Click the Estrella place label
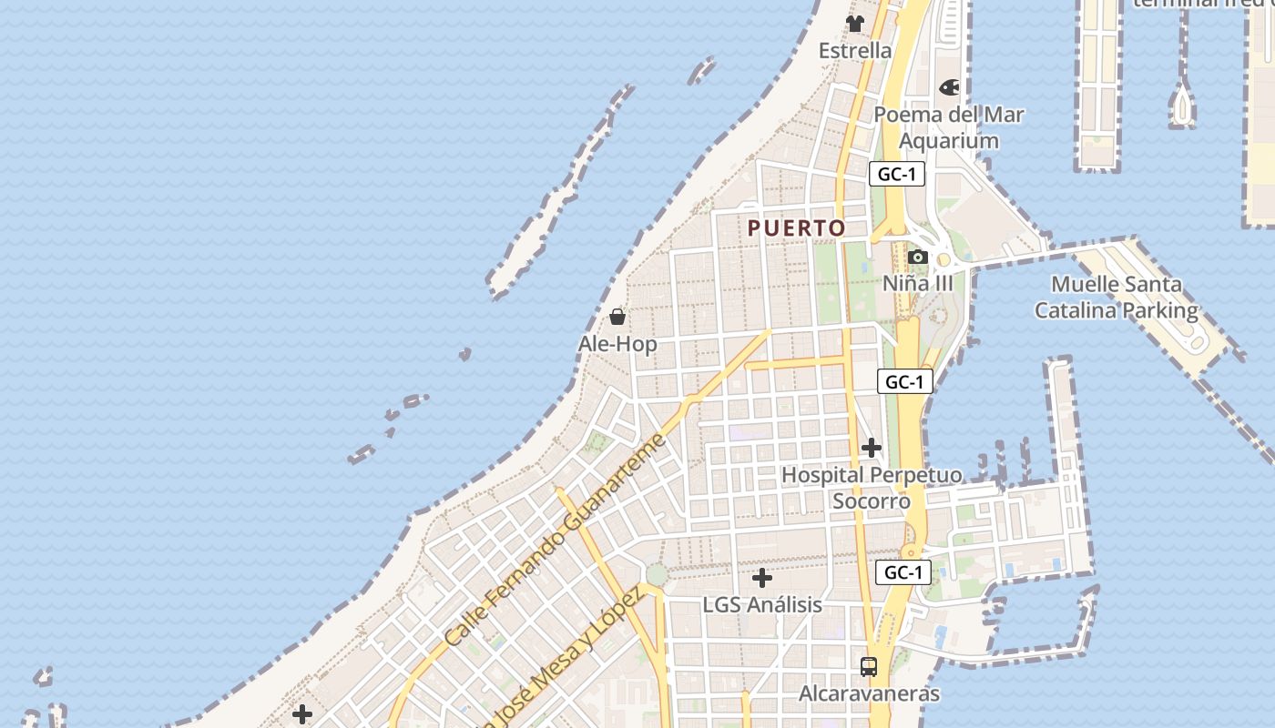(x=854, y=50)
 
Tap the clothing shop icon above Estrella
(x=854, y=24)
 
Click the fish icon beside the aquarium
(x=949, y=88)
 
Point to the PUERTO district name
(x=797, y=228)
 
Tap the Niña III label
(x=917, y=283)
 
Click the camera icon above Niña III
(x=917, y=258)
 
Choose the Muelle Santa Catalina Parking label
(x=1117, y=298)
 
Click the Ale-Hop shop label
(x=617, y=344)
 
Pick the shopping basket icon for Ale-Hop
(x=617, y=317)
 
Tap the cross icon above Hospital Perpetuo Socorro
(x=872, y=448)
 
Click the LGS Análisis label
(x=762, y=604)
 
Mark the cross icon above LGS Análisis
(x=762, y=578)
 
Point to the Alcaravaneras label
(x=869, y=693)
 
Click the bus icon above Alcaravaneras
(x=869, y=666)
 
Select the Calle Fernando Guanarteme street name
(x=556, y=541)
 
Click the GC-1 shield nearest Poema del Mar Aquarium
(x=897, y=174)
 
